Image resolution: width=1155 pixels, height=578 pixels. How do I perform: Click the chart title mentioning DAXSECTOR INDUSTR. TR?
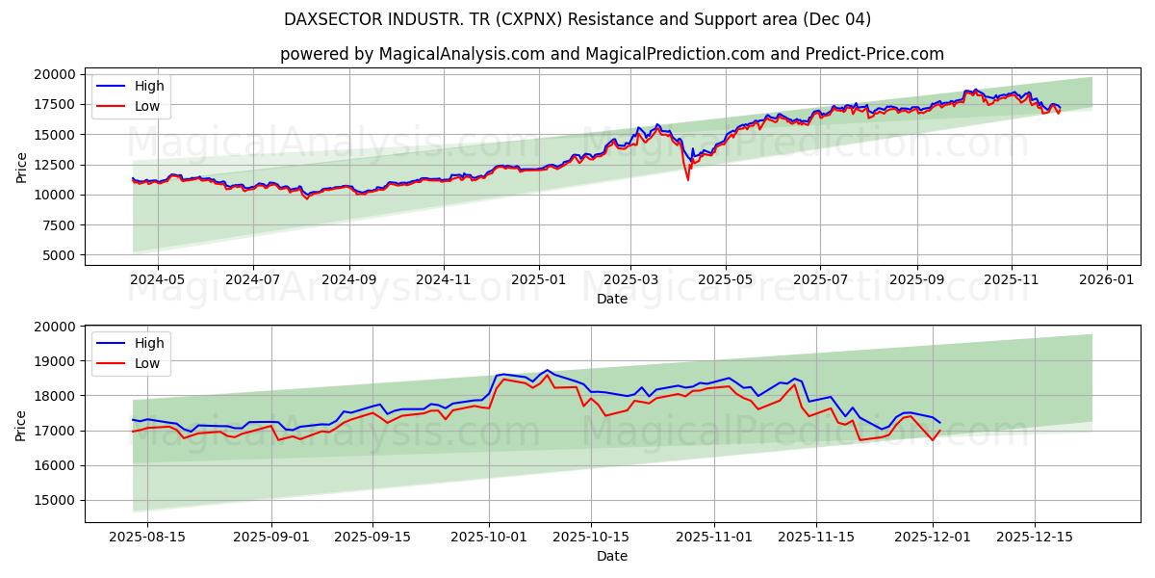tap(577, 19)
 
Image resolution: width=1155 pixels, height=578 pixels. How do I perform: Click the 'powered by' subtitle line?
tap(611, 54)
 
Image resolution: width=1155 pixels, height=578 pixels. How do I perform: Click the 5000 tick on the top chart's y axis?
tap(60, 255)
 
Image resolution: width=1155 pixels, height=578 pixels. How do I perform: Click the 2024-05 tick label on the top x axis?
tap(157, 279)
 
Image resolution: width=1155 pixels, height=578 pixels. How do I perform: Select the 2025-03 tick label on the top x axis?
tap(630, 279)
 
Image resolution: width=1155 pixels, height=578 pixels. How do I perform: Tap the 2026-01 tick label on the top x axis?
tap(1106, 279)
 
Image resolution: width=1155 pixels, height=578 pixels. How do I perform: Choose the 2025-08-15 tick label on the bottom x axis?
tap(147, 537)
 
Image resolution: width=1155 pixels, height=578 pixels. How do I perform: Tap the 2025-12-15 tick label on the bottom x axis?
tap(1035, 537)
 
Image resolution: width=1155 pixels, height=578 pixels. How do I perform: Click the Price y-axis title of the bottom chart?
tap(21, 424)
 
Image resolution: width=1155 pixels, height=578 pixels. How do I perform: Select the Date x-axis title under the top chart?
tap(611, 299)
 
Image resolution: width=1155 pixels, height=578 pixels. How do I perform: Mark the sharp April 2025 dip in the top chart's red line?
tap(687, 178)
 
